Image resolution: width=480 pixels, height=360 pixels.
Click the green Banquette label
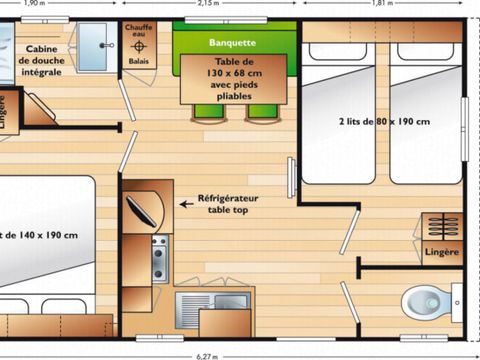pos(233,43)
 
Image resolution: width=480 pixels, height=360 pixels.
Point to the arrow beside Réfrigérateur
pos(186,202)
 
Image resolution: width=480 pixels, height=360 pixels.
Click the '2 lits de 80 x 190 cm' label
pos(385,122)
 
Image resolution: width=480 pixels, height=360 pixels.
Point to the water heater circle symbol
pos(139,46)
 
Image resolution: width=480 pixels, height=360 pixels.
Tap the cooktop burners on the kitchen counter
pos(159,259)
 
